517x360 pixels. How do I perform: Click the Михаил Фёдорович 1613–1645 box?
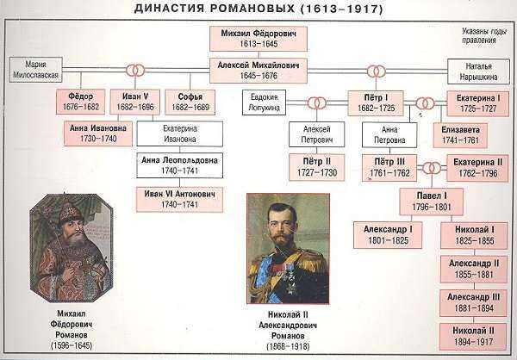click(258, 39)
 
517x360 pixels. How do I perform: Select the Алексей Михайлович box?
click(258, 71)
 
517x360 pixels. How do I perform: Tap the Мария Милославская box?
click(35, 70)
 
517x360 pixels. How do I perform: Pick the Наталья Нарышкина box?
click(478, 71)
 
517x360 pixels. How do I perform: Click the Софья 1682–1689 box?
click(190, 102)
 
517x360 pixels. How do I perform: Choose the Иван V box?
click(135, 102)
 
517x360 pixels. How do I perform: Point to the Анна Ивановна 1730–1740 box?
click(98, 133)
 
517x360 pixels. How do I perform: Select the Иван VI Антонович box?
click(179, 200)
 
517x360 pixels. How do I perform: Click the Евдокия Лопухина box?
click(265, 102)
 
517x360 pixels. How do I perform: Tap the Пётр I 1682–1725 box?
click(376, 103)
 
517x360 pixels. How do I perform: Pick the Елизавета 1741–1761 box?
click(460, 135)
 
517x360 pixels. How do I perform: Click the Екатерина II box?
click(477, 168)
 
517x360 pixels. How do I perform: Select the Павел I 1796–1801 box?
click(432, 202)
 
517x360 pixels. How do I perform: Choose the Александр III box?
click(473, 303)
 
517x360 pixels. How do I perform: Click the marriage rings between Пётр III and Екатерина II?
click(432, 168)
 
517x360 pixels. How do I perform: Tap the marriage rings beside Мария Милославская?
click(135, 71)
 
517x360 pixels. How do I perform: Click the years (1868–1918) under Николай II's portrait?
click(288, 346)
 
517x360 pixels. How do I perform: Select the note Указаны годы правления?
click(483, 35)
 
